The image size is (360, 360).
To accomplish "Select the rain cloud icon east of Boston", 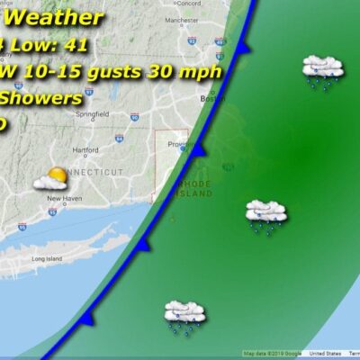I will click(x=322, y=70).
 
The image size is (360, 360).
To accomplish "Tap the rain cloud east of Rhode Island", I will click(x=266, y=215).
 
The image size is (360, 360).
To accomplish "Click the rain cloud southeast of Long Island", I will click(x=184, y=315).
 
